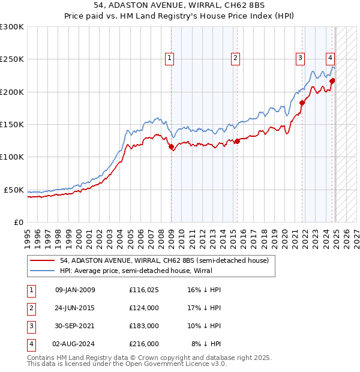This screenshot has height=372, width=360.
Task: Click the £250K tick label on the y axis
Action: pos(12,59)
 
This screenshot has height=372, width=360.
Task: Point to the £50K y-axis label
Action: pos(14,190)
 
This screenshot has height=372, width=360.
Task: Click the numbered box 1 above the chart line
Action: pos(170,58)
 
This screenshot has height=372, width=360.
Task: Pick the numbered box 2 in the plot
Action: pos(235,58)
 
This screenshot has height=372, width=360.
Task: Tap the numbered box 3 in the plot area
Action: pos(299,58)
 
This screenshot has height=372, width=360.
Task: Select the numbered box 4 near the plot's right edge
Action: pos(330,58)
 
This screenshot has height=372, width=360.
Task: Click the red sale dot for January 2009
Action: pos(172,146)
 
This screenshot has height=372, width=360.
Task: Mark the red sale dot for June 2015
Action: pos(238,141)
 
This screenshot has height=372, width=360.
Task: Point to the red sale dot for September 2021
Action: pos(302,103)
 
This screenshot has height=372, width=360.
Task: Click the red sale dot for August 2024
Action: pos(332,81)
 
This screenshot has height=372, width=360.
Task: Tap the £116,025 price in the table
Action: pos(144,290)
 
